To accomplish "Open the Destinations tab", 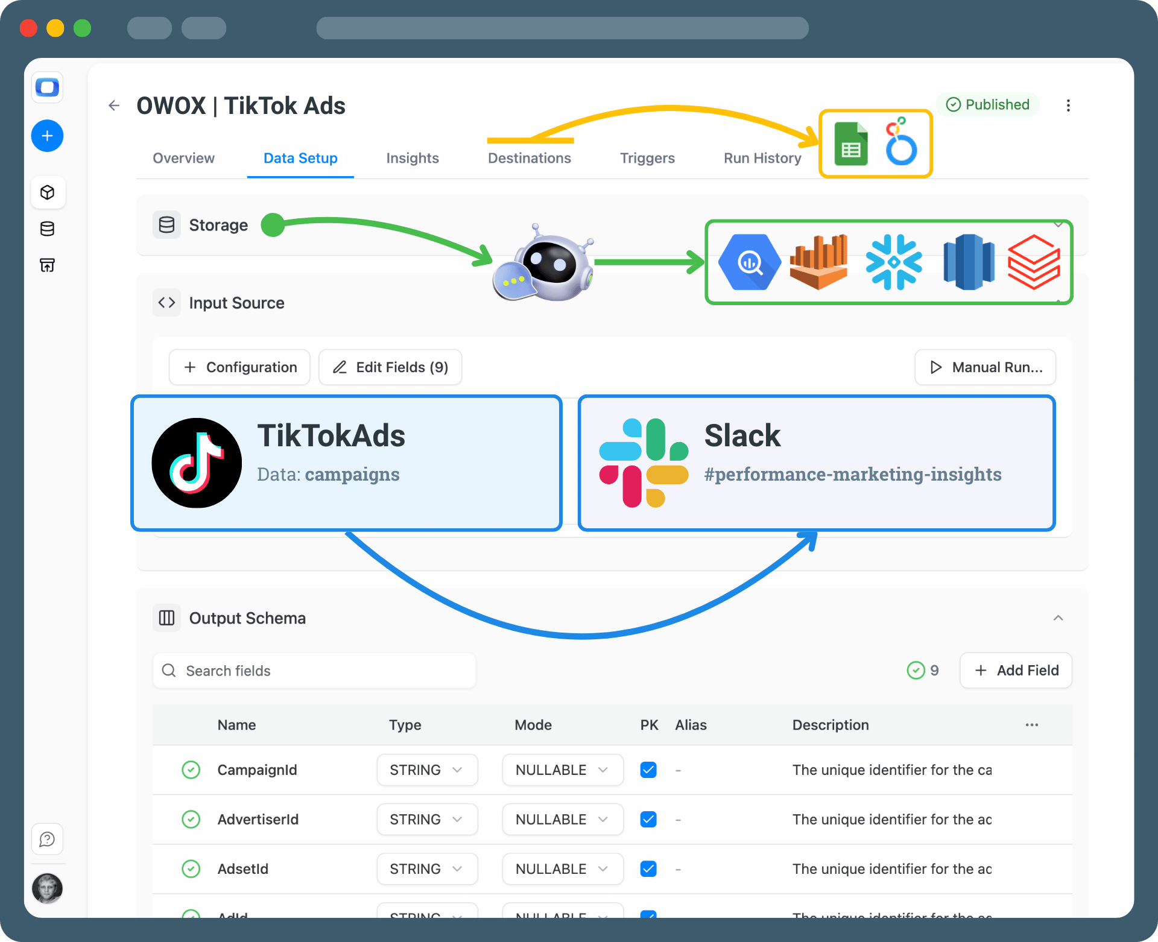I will (x=529, y=158).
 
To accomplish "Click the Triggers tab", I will (x=647, y=158).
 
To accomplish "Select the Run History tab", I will (x=762, y=158).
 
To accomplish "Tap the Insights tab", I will (x=413, y=158).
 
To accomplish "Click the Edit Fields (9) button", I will (x=390, y=367).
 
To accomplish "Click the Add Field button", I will (x=1016, y=671).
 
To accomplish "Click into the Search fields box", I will (x=314, y=671).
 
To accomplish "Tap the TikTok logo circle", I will (x=197, y=463).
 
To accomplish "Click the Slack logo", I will (x=644, y=463).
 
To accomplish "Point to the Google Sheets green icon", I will (x=850, y=144).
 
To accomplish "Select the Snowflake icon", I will (x=894, y=262).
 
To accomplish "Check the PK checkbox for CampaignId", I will (x=648, y=770).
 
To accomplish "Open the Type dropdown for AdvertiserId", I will (x=427, y=820).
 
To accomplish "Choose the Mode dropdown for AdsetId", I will (x=562, y=869).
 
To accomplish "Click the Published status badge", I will (x=987, y=104).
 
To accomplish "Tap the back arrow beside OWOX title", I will (x=114, y=106).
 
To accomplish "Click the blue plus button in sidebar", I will (x=47, y=136).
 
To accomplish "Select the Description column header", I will (x=830, y=725).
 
